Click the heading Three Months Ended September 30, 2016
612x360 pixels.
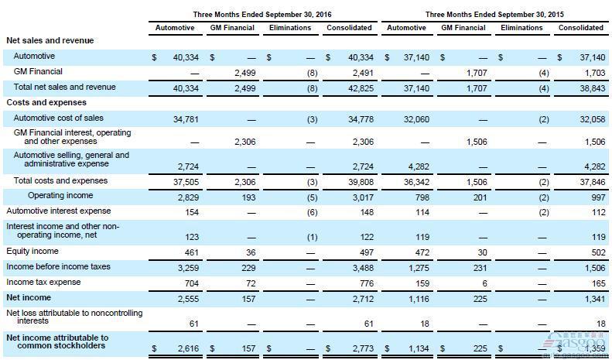[x=262, y=15]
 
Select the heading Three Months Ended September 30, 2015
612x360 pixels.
[x=494, y=15]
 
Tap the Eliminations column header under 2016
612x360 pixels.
[x=290, y=28]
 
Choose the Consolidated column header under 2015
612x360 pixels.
[x=581, y=28]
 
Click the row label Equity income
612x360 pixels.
[x=32, y=251]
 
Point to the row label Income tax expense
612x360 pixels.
[x=43, y=282]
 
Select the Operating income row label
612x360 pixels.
[x=60, y=195]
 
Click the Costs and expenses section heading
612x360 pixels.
[x=46, y=102]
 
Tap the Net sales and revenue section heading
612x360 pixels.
[x=50, y=40]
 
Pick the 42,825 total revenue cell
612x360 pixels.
[x=361, y=88]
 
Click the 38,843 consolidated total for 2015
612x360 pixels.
[x=593, y=88]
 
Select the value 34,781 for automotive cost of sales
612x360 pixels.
[x=186, y=119]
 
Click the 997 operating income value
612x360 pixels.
[x=598, y=197]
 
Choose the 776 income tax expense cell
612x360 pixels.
[x=367, y=283]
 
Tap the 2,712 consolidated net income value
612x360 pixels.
[x=363, y=299]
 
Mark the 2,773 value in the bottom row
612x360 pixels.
[x=363, y=348]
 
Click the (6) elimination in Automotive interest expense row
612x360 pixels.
[x=313, y=212]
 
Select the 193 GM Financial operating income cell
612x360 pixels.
[x=248, y=197]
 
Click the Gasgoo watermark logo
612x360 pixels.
[x=578, y=342]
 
